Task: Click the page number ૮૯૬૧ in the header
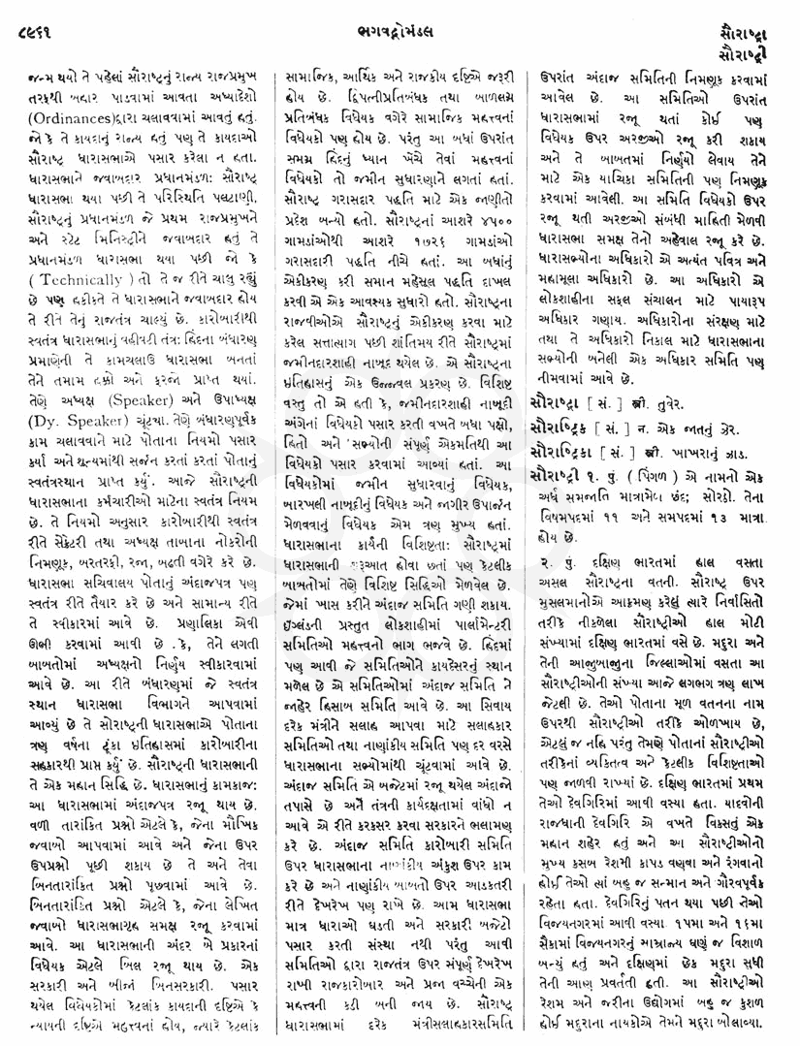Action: pos(32,19)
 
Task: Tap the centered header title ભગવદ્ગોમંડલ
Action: pos(399,19)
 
